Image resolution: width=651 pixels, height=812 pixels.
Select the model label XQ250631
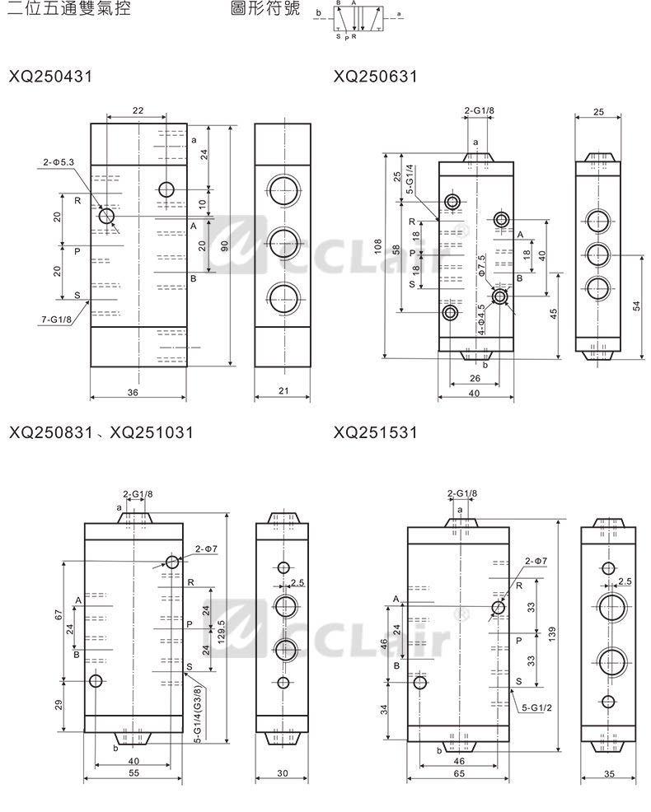click(376, 77)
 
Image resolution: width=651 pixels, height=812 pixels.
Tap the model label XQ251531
click(376, 432)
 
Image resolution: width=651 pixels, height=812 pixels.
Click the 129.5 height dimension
click(221, 628)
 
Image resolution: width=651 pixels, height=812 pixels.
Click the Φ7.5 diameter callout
click(482, 268)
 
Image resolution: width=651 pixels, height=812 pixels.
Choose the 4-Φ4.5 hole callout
click(482, 319)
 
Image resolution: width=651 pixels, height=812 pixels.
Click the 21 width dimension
click(283, 392)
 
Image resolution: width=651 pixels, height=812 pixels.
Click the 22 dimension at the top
click(138, 110)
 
